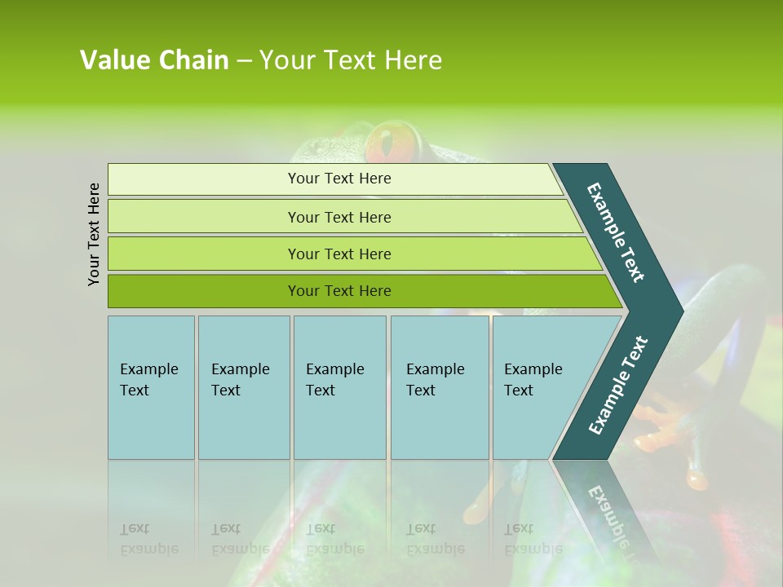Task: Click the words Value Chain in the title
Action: pos(154,60)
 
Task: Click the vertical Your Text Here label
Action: pos(94,234)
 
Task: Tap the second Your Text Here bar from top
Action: pos(339,217)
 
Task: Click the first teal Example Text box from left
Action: pos(151,387)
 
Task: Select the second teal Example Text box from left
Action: pos(244,387)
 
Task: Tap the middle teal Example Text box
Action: pos(339,387)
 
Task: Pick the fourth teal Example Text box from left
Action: pos(440,387)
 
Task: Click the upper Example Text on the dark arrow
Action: pos(616,232)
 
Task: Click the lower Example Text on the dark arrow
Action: pos(618,386)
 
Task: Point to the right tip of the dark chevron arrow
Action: pos(681,311)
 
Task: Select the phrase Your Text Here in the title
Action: pos(351,60)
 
